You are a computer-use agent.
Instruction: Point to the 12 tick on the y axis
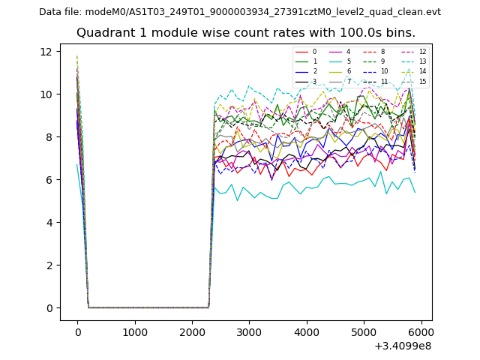(x=46, y=51)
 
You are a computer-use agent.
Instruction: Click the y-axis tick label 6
(x=48, y=179)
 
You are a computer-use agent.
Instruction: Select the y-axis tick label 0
(x=48, y=308)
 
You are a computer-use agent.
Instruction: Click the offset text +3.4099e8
(x=402, y=346)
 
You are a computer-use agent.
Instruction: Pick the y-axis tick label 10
(x=46, y=94)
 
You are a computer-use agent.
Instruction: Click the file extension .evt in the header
(x=433, y=12)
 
